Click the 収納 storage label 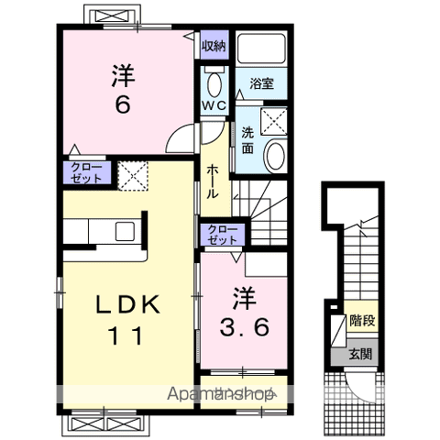point(214,46)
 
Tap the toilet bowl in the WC point(214,84)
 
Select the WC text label point(214,105)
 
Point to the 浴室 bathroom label point(261,83)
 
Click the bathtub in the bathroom point(261,49)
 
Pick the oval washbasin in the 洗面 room point(275,156)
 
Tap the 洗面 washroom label point(247,140)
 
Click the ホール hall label point(213,182)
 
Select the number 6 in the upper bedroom point(123,104)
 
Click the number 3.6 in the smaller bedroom point(245,327)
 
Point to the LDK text point(128,304)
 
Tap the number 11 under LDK point(126,335)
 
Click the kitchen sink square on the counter point(125,231)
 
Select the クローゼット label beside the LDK point(86,173)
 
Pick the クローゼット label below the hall point(223,235)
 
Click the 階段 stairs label point(362,320)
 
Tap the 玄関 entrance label point(360,354)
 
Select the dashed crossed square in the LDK point(133,176)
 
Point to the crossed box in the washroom point(274,122)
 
